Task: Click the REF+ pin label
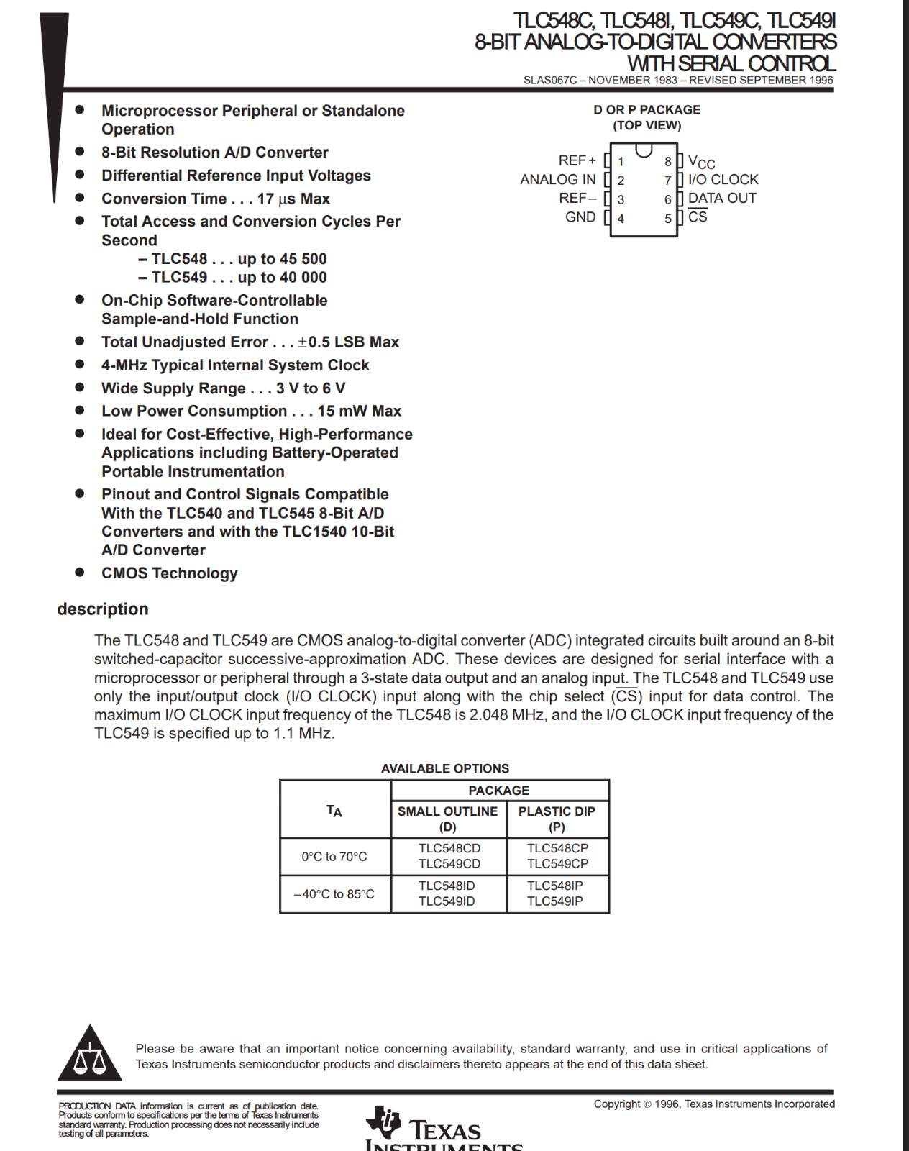click(577, 160)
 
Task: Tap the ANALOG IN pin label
click(558, 179)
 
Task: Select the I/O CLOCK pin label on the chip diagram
click(723, 179)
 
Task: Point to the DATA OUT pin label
click(722, 198)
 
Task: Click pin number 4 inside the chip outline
click(621, 218)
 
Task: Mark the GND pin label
click(580, 217)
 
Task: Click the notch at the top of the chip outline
click(644, 150)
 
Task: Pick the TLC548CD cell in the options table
click(449, 848)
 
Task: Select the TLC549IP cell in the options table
click(555, 901)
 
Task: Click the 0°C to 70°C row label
click(334, 856)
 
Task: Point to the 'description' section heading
click(103, 609)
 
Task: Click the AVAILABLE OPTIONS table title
click(444, 768)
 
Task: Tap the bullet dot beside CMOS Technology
click(80, 572)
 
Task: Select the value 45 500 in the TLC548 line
click(303, 258)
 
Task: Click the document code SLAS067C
click(550, 80)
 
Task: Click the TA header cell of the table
click(334, 811)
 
